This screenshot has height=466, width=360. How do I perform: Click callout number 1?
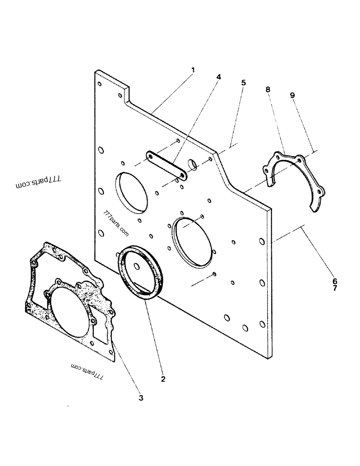193,70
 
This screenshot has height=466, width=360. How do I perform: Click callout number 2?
163,379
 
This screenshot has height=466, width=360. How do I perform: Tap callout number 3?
141,397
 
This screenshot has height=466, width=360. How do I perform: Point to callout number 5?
243,83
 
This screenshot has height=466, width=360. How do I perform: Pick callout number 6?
334,281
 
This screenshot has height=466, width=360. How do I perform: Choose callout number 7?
334,288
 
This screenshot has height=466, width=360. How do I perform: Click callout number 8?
268,89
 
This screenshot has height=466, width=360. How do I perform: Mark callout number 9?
292,95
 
